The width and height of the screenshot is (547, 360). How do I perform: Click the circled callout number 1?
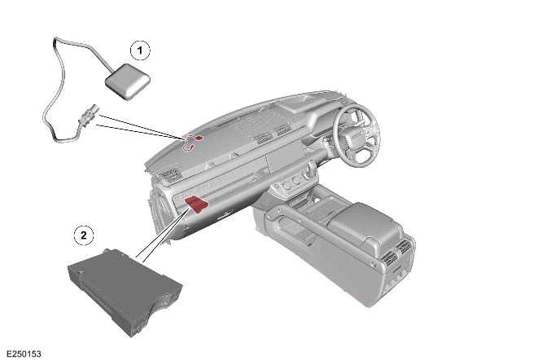140,50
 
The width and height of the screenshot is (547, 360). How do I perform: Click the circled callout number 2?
84,235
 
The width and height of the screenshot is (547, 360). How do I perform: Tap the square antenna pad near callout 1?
128,81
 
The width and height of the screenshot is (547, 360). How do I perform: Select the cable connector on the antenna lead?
88,115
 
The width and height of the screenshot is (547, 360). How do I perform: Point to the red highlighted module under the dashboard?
196,204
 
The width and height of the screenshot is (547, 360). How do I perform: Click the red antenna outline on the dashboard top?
192,142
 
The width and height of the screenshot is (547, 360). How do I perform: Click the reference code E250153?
24,353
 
